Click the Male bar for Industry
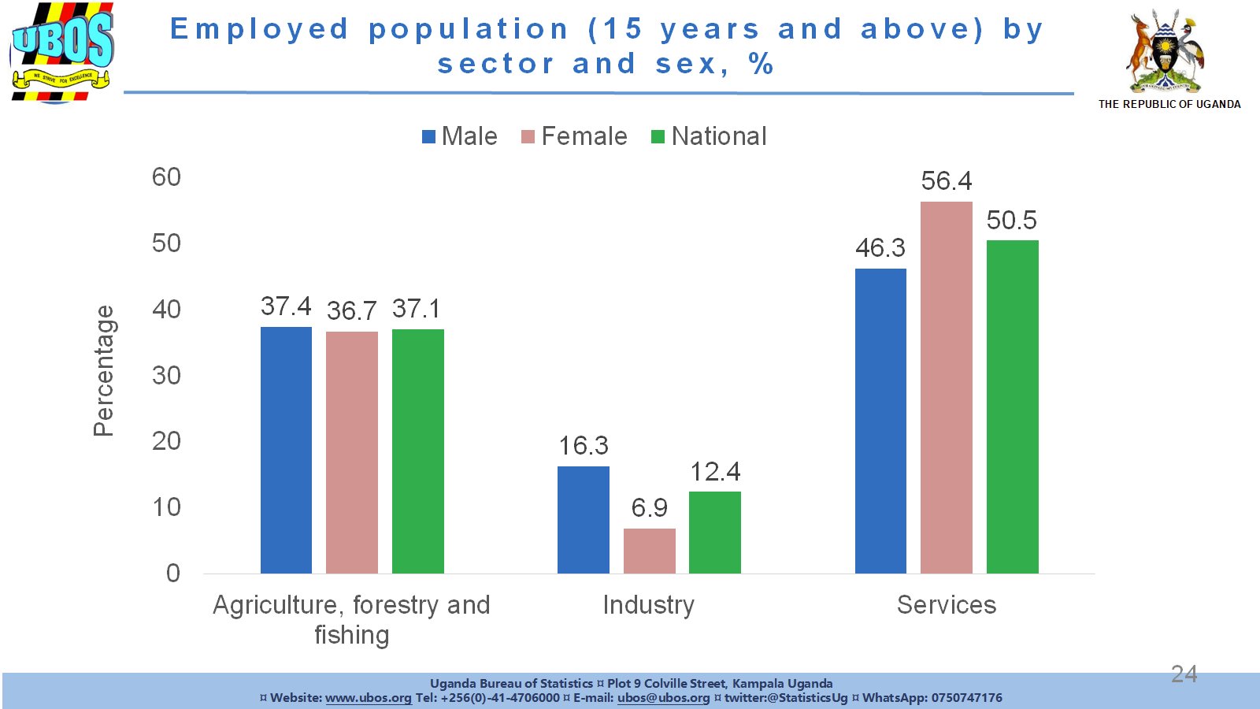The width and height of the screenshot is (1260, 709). click(x=583, y=520)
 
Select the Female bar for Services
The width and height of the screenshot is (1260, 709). click(x=946, y=388)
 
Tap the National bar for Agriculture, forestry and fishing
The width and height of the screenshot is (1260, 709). click(x=417, y=451)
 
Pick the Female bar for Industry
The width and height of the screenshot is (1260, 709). click(x=649, y=551)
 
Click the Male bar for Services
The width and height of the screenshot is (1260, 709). click(x=880, y=421)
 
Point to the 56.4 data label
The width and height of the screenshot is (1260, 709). click(x=946, y=181)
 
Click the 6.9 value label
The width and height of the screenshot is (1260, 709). click(x=649, y=508)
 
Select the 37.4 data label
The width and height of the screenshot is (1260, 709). click(x=286, y=306)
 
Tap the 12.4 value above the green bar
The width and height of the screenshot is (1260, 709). click(x=715, y=472)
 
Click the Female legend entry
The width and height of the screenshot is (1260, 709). click(x=574, y=136)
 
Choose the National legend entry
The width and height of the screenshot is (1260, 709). click(x=709, y=136)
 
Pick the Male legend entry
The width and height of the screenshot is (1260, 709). click(x=460, y=136)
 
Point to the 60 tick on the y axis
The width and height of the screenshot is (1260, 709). click(x=166, y=177)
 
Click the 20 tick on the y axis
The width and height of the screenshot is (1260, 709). click(x=166, y=441)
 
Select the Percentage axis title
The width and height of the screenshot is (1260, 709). click(x=104, y=371)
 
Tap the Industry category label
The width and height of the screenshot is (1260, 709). click(x=648, y=605)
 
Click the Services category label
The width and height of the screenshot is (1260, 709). click(x=946, y=605)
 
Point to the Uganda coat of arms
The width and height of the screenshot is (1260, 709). click(x=1166, y=52)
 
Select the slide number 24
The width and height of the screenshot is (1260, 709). click(x=1184, y=674)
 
